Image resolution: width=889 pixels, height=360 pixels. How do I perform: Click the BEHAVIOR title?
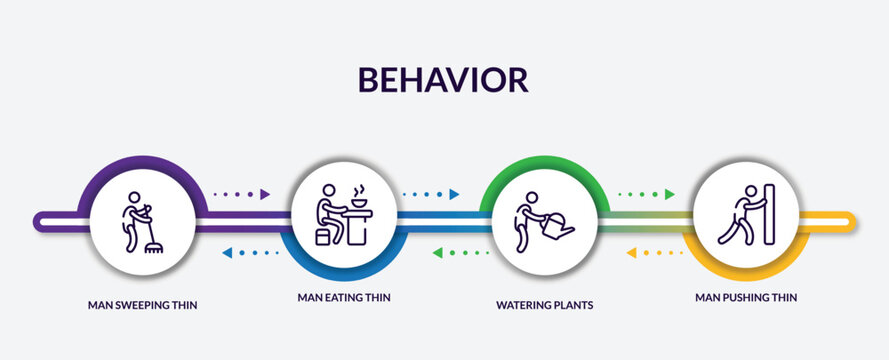[444, 80]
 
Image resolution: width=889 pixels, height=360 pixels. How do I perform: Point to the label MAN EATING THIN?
[343, 297]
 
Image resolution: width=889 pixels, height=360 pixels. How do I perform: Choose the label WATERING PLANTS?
[544, 304]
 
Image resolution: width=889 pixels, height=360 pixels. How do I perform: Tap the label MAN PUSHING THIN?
[746, 297]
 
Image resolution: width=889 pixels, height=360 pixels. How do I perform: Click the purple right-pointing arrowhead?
[266, 194]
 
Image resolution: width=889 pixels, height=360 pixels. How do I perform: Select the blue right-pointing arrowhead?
[455, 194]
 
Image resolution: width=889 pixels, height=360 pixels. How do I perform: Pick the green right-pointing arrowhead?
[669, 194]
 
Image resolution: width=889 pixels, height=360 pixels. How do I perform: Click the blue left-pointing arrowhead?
[227, 253]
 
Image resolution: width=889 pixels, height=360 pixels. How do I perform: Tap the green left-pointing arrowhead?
[438, 253]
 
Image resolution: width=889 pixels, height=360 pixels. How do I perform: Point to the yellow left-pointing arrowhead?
[631, 253]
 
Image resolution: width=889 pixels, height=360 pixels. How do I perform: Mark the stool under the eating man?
[324, 236]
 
